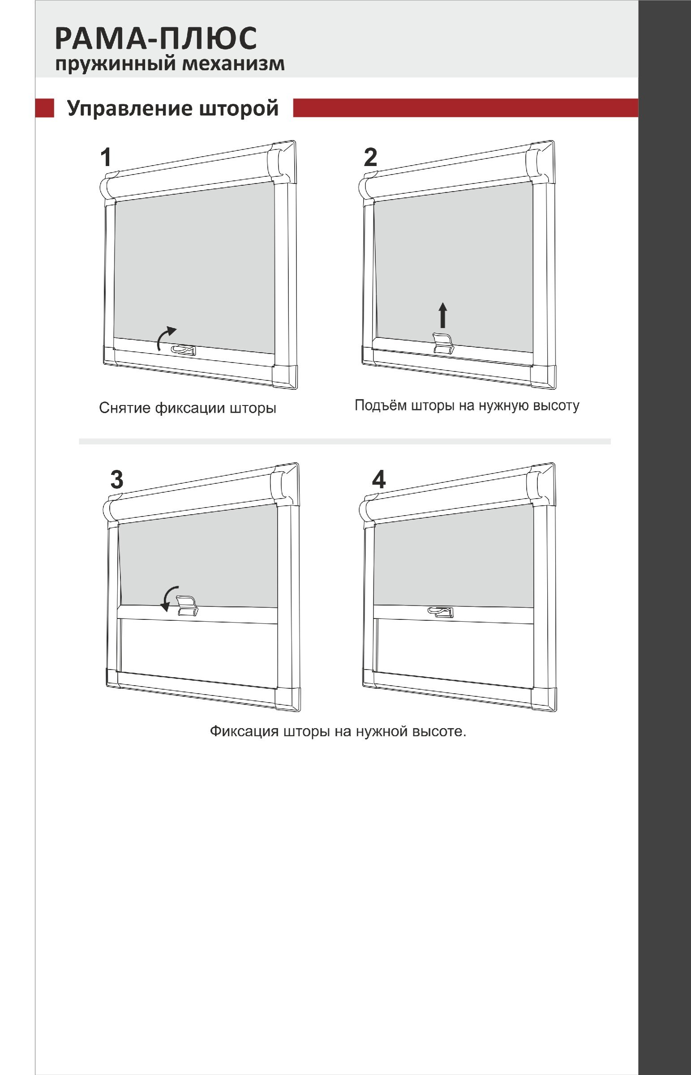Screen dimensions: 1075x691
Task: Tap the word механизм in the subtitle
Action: (233, 63)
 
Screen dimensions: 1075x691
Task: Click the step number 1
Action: (105, 158)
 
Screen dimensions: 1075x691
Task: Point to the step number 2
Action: (370, 158)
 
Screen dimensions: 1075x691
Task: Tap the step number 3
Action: (117, 480)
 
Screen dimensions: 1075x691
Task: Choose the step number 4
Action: (379, 480)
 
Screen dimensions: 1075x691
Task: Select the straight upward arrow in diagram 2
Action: (443, 315)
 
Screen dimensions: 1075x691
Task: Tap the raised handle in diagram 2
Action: (443, 343)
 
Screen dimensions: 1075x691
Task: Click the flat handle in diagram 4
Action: (441, 612)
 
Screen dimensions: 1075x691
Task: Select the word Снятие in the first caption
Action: (124, 408)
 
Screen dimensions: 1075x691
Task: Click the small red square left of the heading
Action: (44, 108)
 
